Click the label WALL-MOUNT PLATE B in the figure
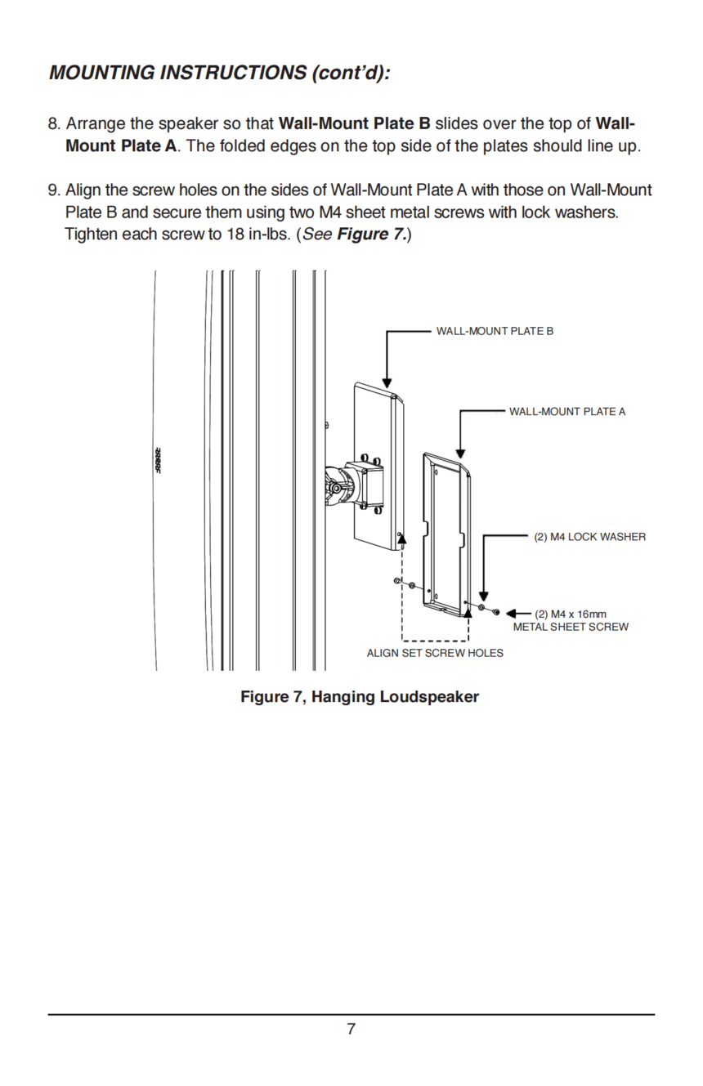pos(495,331)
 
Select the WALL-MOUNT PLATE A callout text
pos(567,412)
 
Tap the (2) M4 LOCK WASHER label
pos(590,537)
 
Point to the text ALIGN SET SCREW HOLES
pos(435,653)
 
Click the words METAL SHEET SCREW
pos(571,627)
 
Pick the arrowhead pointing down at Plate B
pos(387,383)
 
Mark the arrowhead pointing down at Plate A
pos(460,454)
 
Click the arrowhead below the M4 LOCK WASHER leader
pos(483,596)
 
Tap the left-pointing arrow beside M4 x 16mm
pos(519,614)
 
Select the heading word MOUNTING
pos(102,73)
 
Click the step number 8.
pos(54,123)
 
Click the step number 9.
pos(54,190)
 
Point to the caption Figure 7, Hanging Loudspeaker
pos(360,697)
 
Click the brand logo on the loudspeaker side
pos(158,461)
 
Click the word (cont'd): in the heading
pos(351,73)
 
